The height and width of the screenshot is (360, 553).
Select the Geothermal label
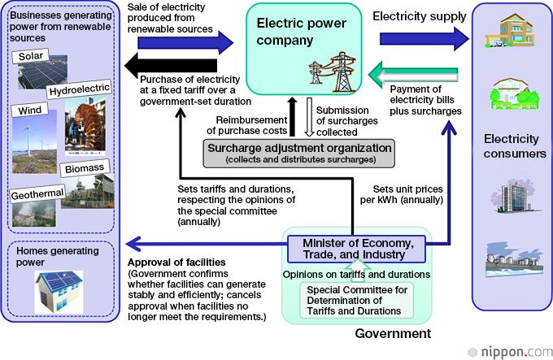click(37, 196)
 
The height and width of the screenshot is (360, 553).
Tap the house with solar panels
click(56, 289)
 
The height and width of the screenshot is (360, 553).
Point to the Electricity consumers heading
click(512, 146)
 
